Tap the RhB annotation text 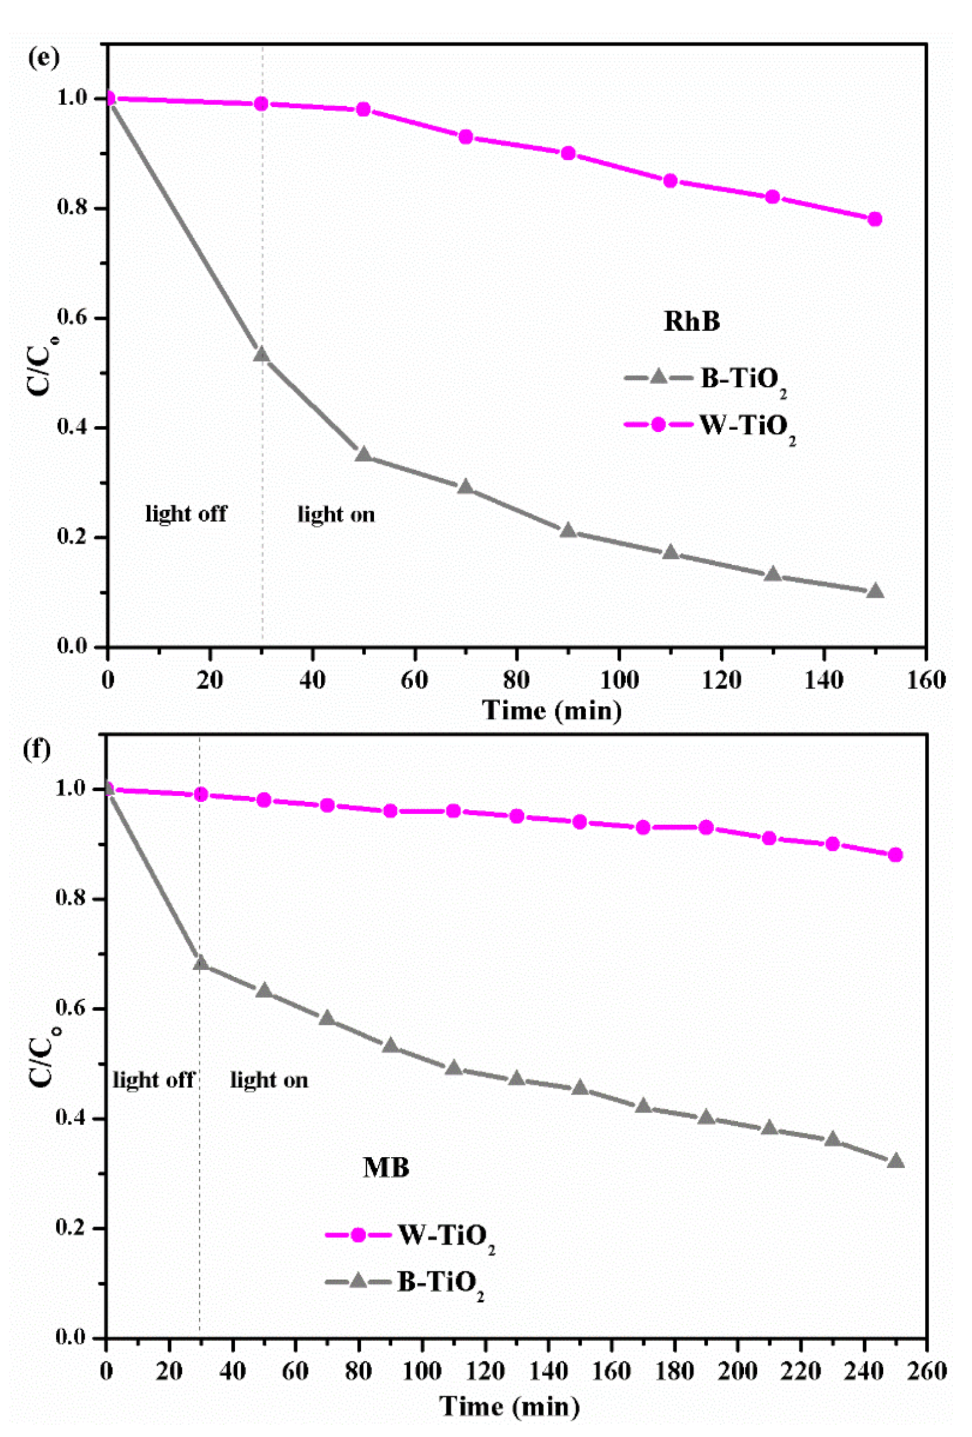pos(691,322)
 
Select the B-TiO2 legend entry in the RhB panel pos(705,379)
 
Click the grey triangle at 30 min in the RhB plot pos(262,354)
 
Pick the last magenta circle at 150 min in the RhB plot pos(874,219)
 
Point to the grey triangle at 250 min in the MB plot pos(895,1161)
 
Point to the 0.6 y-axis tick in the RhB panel pos(73,318)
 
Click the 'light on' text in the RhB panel pos(337,514)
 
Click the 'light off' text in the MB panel pos(153,1080)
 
